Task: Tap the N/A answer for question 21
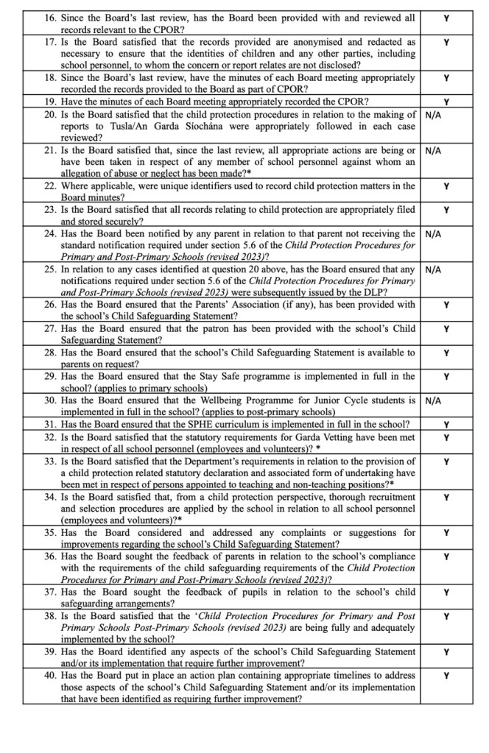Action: coord(434,150)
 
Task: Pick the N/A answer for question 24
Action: coord(434,234)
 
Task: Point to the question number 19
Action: coord(51,102)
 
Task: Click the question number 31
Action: coord(51,424)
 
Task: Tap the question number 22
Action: coord(51,186)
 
